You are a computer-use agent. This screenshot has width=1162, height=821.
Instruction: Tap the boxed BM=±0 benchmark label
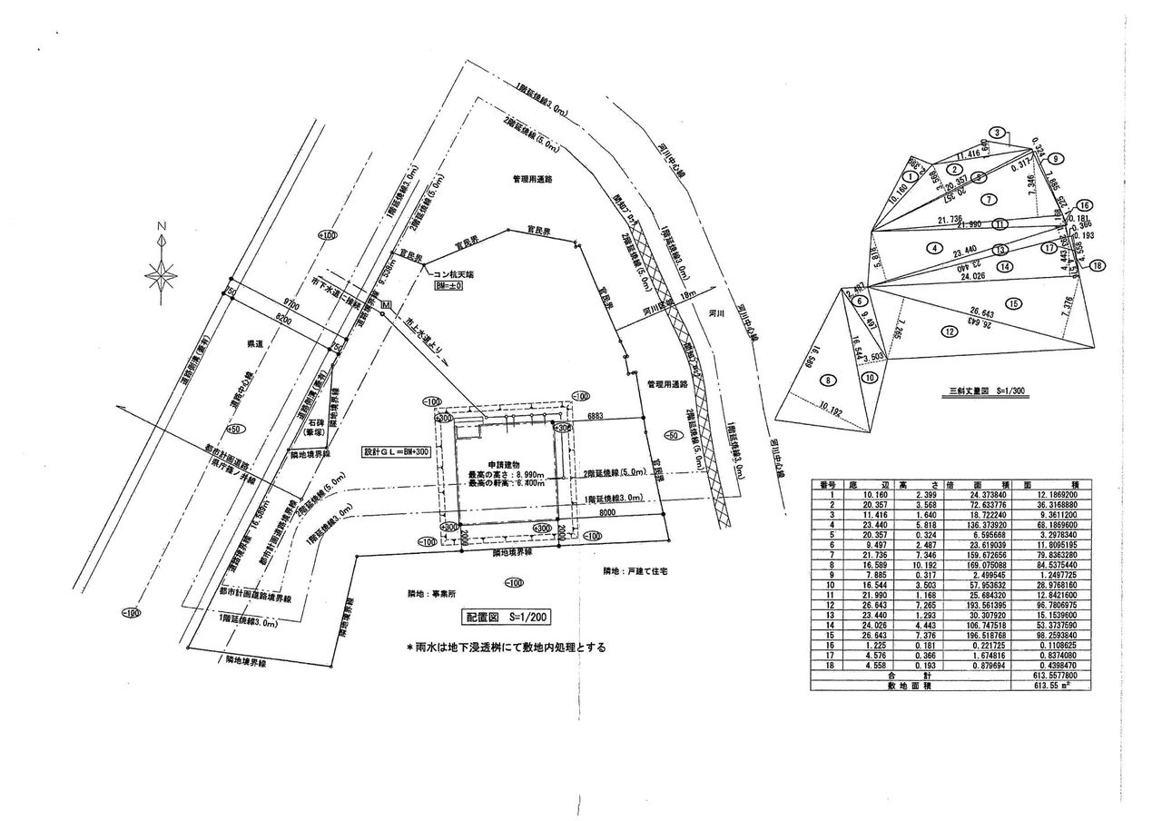[x=449, y=285]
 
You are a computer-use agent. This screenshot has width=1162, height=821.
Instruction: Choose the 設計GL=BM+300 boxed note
[x=395, y=451]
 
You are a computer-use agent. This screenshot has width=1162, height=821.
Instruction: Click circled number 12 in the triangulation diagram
[x=950, y=331]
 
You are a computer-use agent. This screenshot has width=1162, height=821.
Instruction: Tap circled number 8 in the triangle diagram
[x=828, y=380]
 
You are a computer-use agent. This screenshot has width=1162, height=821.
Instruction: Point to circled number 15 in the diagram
[x=1013, y=302]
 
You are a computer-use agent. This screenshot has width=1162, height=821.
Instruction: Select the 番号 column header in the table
[x=826, y=484]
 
